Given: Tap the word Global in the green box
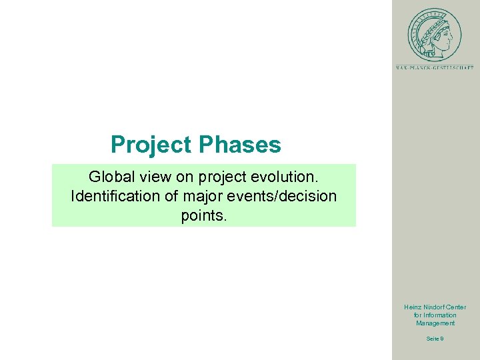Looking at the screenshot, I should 111,177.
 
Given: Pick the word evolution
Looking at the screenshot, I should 285,177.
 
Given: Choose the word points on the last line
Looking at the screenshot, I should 204,216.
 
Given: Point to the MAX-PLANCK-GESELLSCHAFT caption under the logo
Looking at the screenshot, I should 435,67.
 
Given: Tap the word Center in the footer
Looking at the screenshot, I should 457,307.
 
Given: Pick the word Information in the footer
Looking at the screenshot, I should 440,315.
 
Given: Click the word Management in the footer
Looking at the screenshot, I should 435,323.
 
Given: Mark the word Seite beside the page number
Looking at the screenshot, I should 432,339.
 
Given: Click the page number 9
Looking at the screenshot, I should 443,339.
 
